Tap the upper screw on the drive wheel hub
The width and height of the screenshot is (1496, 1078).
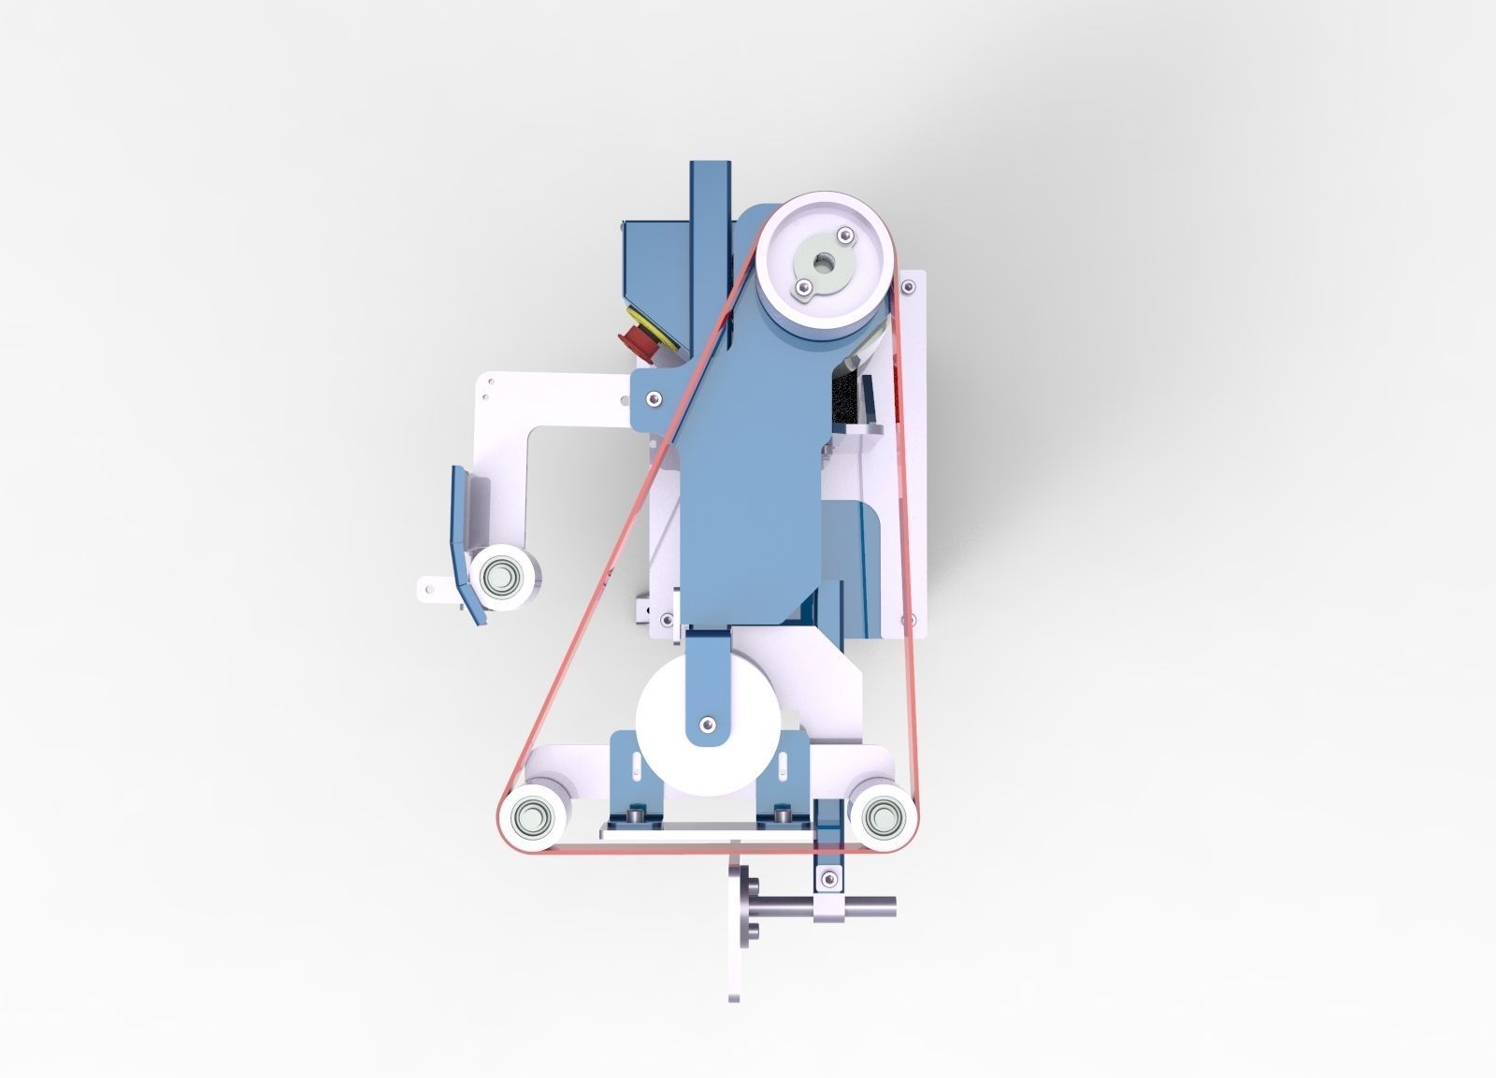click(844, 234)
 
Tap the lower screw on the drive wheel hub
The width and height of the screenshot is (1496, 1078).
click(802, 287)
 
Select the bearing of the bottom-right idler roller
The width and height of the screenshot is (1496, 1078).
click(879, 819)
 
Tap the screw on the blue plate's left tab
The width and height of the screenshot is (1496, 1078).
click(650, 397)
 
